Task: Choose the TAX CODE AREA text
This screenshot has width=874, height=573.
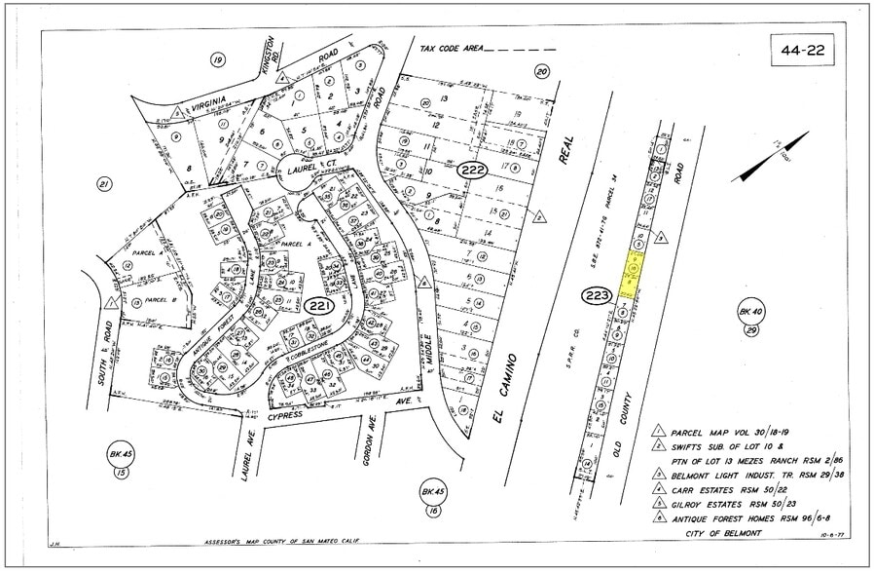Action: [451, 48]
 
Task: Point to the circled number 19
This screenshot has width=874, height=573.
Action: [217, 60]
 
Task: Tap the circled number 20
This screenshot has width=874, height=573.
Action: [542, 70]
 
